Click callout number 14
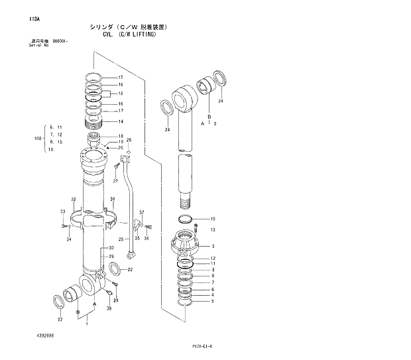click(x=121, y=121)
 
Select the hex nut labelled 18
click(x=93, y=139)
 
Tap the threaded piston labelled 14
click(x=95, y=121)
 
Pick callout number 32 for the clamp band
click(x=73, y=200)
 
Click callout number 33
click(x=62, y=212)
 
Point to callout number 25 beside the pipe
click(x=121, y=239)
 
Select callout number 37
click(x=141, y=212)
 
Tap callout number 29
click(x=117, y=300)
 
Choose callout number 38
click(x=109, y=308)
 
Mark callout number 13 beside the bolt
click(x=213, y=230)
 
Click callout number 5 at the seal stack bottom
click(x=212, y=302)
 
